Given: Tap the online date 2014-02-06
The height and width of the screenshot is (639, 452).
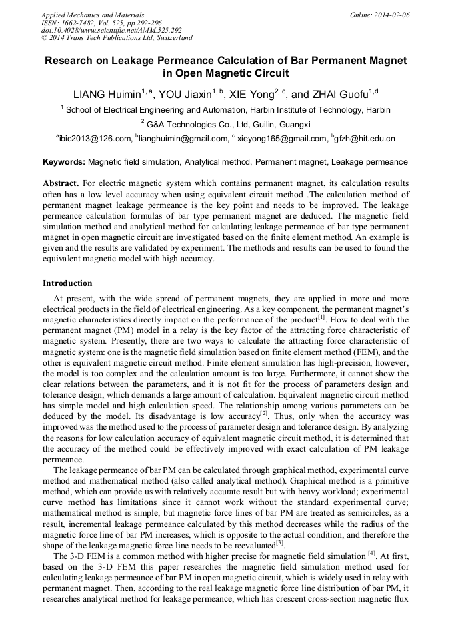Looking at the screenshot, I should [x=393, y=15].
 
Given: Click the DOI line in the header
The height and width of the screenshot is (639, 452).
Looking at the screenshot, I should [x=111, y=30].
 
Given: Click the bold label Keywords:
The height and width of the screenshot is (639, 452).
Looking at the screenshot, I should [x=64, y=162].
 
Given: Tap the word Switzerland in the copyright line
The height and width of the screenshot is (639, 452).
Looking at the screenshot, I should [x=172, y=38].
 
